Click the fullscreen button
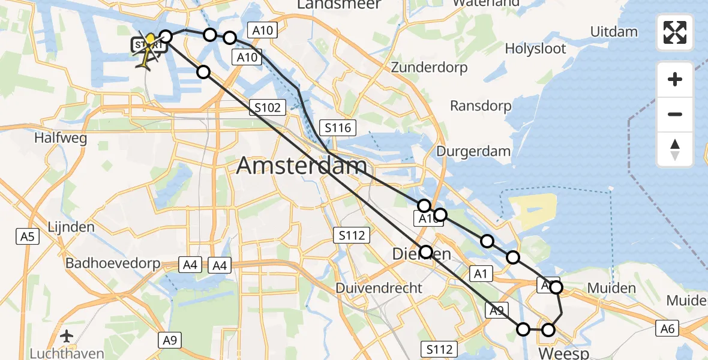[x=675, y=32]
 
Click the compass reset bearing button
[x=675, y=150]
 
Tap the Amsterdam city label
[x=301, y=166]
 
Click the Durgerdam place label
[x=473, y=151]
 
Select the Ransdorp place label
[x=481, y=106]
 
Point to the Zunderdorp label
[x=429, y=67]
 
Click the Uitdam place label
[x=613, y=31]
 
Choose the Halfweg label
[x=61, y=138]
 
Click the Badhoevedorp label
[x=113, y=263]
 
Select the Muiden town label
[x=611, y=289]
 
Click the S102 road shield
[x=267, y=108]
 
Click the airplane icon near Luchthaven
[x=67, y=335]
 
